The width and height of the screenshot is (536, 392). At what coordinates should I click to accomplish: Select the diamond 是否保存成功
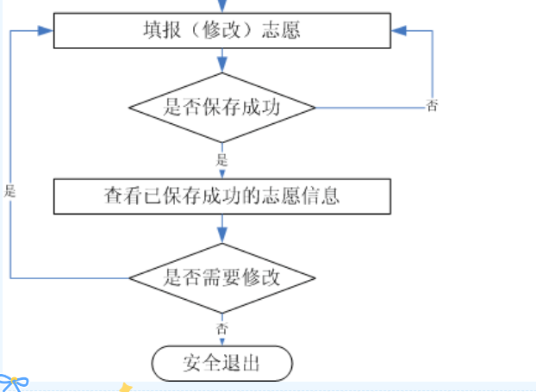click(x=222, y=108)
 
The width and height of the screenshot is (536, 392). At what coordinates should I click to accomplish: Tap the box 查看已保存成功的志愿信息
click(x=222, y=196)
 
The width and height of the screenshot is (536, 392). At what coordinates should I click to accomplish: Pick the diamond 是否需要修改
click(x=222, y=277)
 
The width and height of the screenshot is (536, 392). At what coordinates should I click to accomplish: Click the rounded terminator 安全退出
click(x=222, y=364)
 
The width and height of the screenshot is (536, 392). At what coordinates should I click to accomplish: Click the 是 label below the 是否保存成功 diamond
click(x=222, y=159)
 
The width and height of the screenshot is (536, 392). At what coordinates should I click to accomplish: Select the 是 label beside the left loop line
click(x=10, y=192)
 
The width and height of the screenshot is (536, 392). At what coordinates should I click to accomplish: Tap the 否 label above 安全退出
click(x=222, y=328)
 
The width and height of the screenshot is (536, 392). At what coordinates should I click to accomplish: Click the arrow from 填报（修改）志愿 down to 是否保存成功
click(x=222, y=60)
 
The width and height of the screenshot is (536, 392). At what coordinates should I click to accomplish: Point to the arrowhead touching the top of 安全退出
click(x=222, y=343)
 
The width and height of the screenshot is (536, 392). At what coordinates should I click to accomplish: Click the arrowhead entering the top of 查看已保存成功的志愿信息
click(x=222, y=174)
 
